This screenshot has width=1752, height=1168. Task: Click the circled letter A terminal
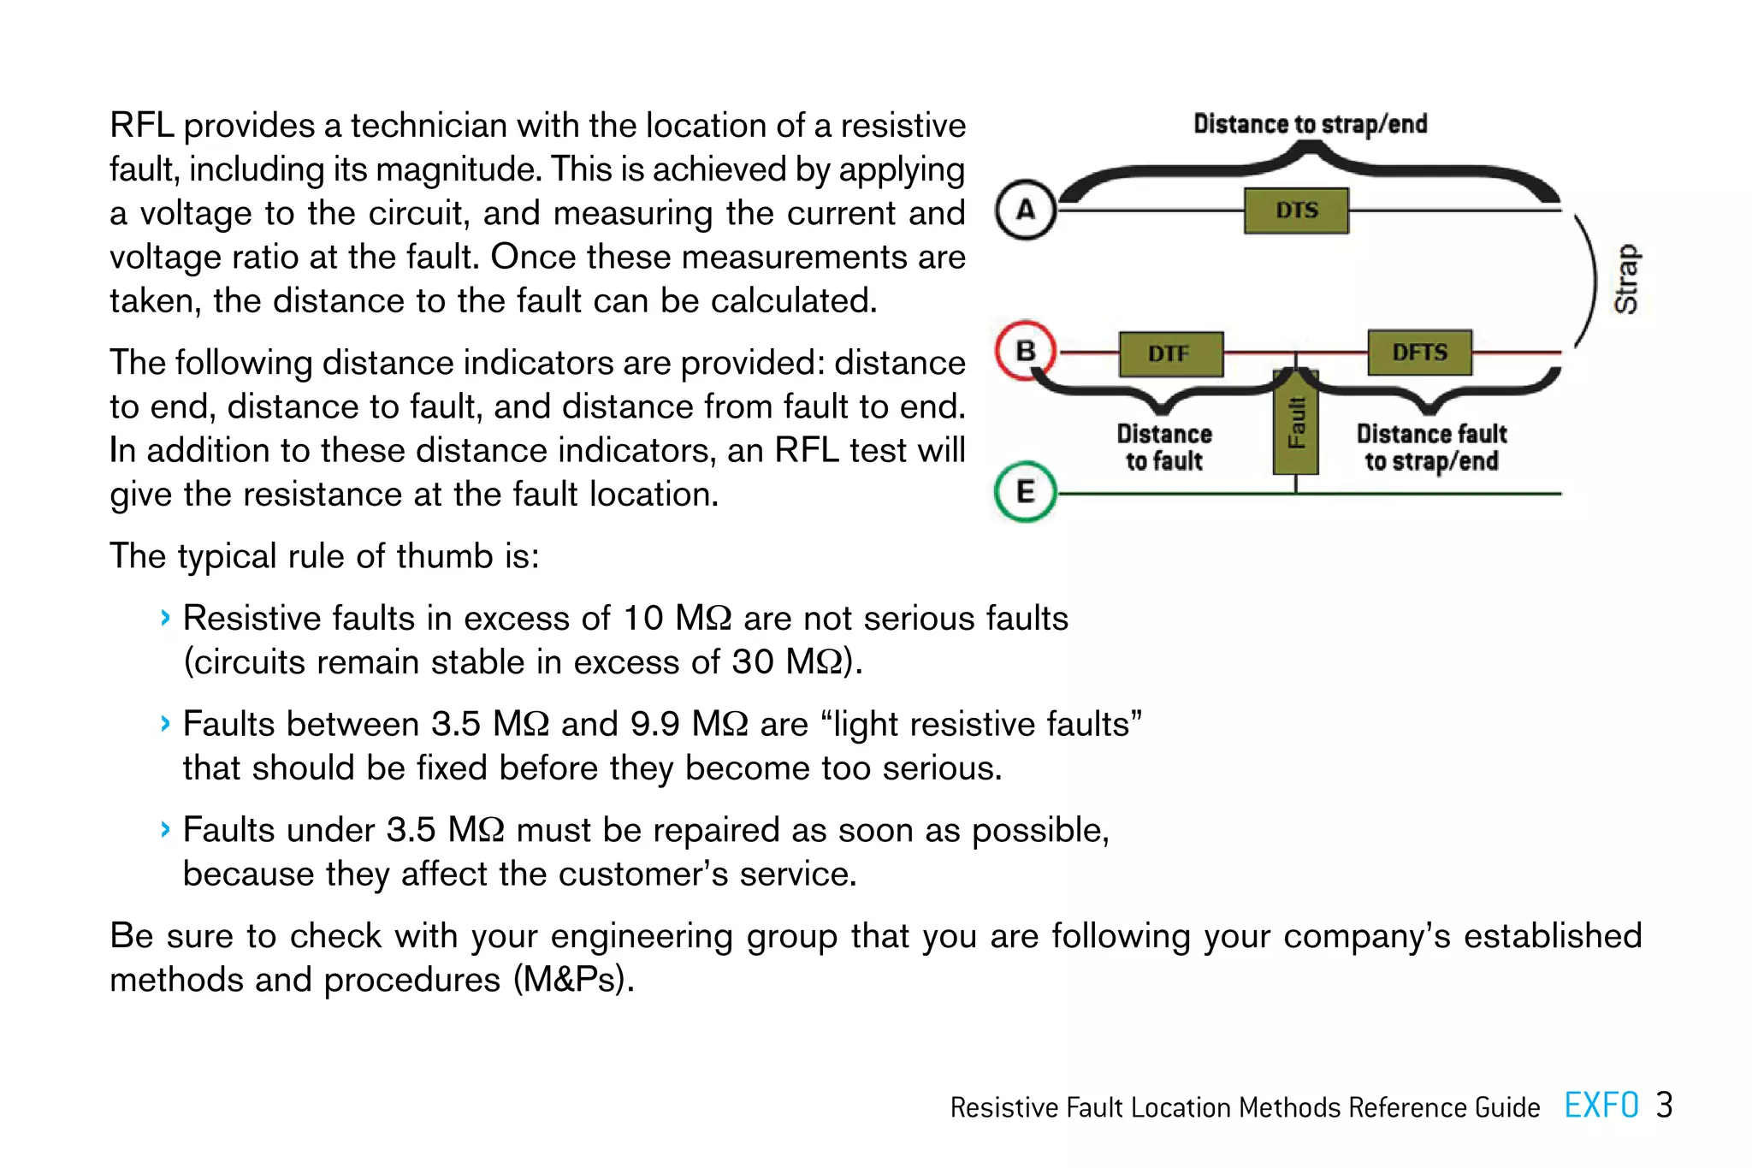pos(1026,210)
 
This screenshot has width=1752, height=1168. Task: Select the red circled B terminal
pos(1026,351)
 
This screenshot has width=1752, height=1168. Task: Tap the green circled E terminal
pos(1026,492)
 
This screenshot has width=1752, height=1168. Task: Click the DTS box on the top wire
pos(1296,210)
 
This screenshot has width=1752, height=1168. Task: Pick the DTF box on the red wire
pos(1170,353)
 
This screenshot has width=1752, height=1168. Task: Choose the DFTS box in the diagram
pos(1420,353)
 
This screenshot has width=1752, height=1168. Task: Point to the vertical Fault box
pos(1296,423)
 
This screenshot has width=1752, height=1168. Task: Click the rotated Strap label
pos(1626,279)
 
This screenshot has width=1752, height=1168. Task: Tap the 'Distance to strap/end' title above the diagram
pos(1310,125)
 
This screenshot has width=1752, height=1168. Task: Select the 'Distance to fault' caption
pos(1164,448)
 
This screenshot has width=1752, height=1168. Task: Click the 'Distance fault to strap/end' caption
pos(1431,448)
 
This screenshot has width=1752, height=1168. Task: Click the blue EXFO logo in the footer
pos(1601,1106)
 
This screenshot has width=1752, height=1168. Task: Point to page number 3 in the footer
pos(1664,1106)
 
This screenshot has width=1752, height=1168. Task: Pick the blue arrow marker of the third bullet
pos(165,829)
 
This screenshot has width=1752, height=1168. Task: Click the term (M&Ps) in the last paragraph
pos(574,980)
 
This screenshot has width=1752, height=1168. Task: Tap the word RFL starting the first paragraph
pos(141,126)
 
